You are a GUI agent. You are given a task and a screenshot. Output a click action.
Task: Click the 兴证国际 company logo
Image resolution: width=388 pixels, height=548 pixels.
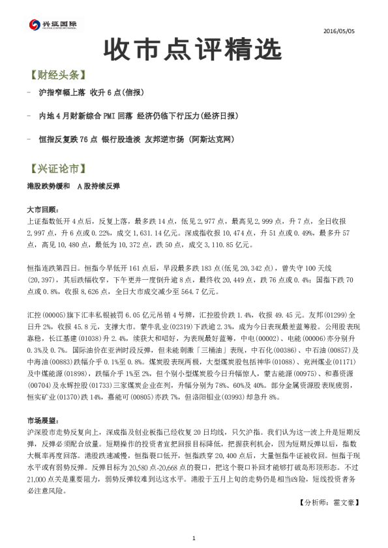(x=53, y=25)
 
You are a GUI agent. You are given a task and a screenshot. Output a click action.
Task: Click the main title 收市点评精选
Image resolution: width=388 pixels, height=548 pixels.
(x=193, y=49)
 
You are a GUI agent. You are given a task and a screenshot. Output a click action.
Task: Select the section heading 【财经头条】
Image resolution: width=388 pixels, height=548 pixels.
(x=57, y=75)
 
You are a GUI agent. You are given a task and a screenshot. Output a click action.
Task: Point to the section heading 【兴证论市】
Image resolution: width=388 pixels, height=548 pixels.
(x=57, y=169)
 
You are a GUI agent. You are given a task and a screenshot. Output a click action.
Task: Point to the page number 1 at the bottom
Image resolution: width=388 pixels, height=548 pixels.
(x=194, y=538)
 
